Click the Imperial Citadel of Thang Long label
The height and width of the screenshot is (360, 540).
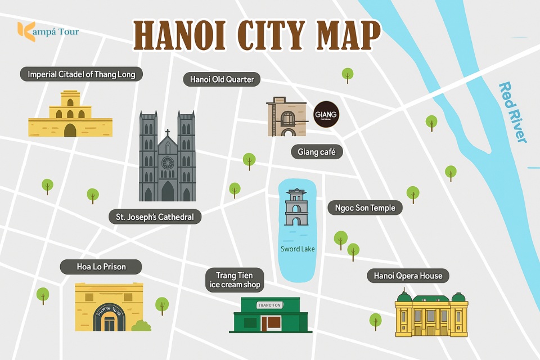click(82, 74)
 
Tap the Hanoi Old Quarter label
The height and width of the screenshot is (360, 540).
click(222, 79)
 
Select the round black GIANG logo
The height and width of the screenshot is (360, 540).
click(326, 115)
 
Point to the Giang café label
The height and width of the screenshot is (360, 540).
click(317, 152)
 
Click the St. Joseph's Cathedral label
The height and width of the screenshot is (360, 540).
click(155, 217)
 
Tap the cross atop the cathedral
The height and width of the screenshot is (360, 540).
click(167, 134)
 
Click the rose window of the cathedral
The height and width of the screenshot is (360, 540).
click(167, 163)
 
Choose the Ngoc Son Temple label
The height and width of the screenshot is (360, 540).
click(365, 208)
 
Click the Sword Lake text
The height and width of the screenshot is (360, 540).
click(298, 249)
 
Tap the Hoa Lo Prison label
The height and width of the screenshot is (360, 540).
click(101, 266)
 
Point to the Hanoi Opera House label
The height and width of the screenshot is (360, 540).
click(408, 276)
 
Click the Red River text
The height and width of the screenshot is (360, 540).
click(513, 112)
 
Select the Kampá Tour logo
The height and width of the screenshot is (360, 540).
click(48, 30)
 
